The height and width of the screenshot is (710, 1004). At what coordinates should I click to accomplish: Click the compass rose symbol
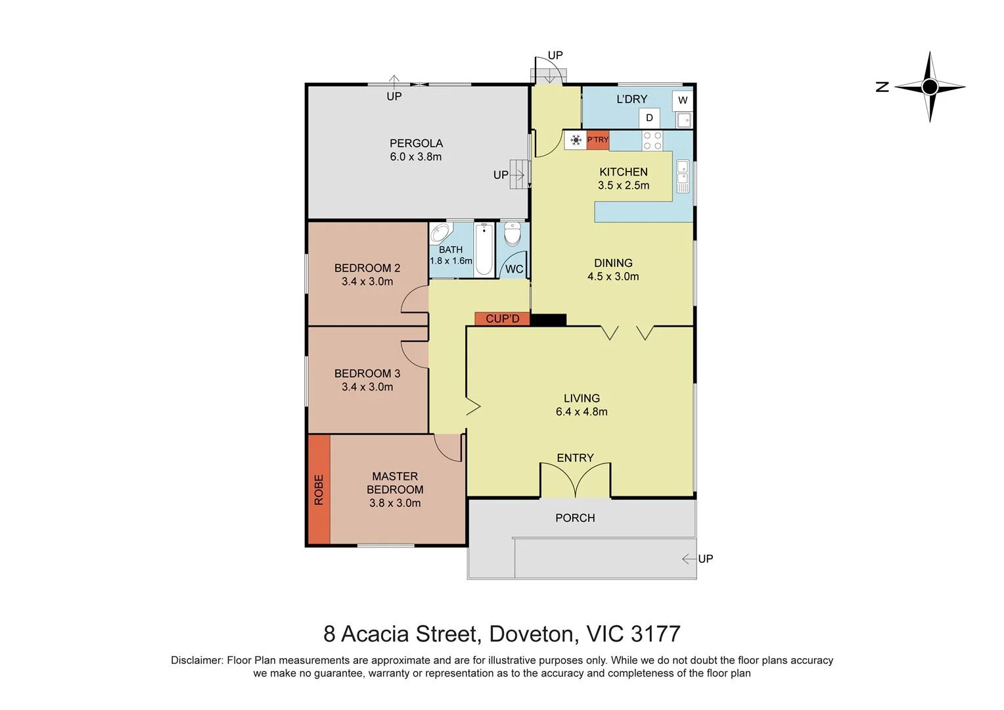pyautogui.click(x=929, y=87)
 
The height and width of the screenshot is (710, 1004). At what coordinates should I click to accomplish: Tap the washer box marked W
pyautogui.click(x=683, y=101)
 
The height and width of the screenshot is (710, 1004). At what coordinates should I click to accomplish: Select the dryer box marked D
pyautogui.click(x=649, y=118)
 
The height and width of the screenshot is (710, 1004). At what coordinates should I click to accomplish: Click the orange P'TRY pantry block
pyautogui.click(x=598, y=140)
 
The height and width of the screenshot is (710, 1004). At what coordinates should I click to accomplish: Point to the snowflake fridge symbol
pyautogui.click(x=576, y=140)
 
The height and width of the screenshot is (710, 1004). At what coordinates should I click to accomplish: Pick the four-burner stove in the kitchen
pyautogui.click(x=652, y=141)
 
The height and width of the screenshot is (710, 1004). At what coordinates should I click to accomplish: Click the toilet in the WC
pyautogui.click(x=513, y=234)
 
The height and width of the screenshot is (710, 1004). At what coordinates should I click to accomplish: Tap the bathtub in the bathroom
pyautogui.click(x=484, y=249)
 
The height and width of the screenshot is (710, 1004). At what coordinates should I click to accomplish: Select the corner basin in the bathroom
pyautogui.click(x=440, y=233)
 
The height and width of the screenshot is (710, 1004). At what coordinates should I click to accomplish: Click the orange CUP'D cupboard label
pyautogui.click(x=503, y=319)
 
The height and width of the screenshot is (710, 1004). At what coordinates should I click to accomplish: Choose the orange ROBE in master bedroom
pyautogui.click(x=319, y=490)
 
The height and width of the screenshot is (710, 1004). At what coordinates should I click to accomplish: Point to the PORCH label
pyautogui.click(x=575, y=518)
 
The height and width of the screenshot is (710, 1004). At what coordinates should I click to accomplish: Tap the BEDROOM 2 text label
pyautogui.click(x=367, y=268)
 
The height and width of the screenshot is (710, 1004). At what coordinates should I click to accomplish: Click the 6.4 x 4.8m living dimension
pyautogui.click(x=582, y=412)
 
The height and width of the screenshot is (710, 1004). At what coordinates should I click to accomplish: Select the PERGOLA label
pyautogui.click(x=416, y=143)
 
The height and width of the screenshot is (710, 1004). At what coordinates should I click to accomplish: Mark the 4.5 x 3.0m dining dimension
pyautogui.click(x=613, y=277)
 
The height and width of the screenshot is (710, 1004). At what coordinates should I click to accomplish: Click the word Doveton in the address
pyautogui.click(x=531, y=634)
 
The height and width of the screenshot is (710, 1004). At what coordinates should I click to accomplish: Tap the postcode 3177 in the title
pyautogui.click(x=655, y=634)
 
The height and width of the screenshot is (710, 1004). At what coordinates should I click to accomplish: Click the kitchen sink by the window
pyautogui.click(x=683, y=172)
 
